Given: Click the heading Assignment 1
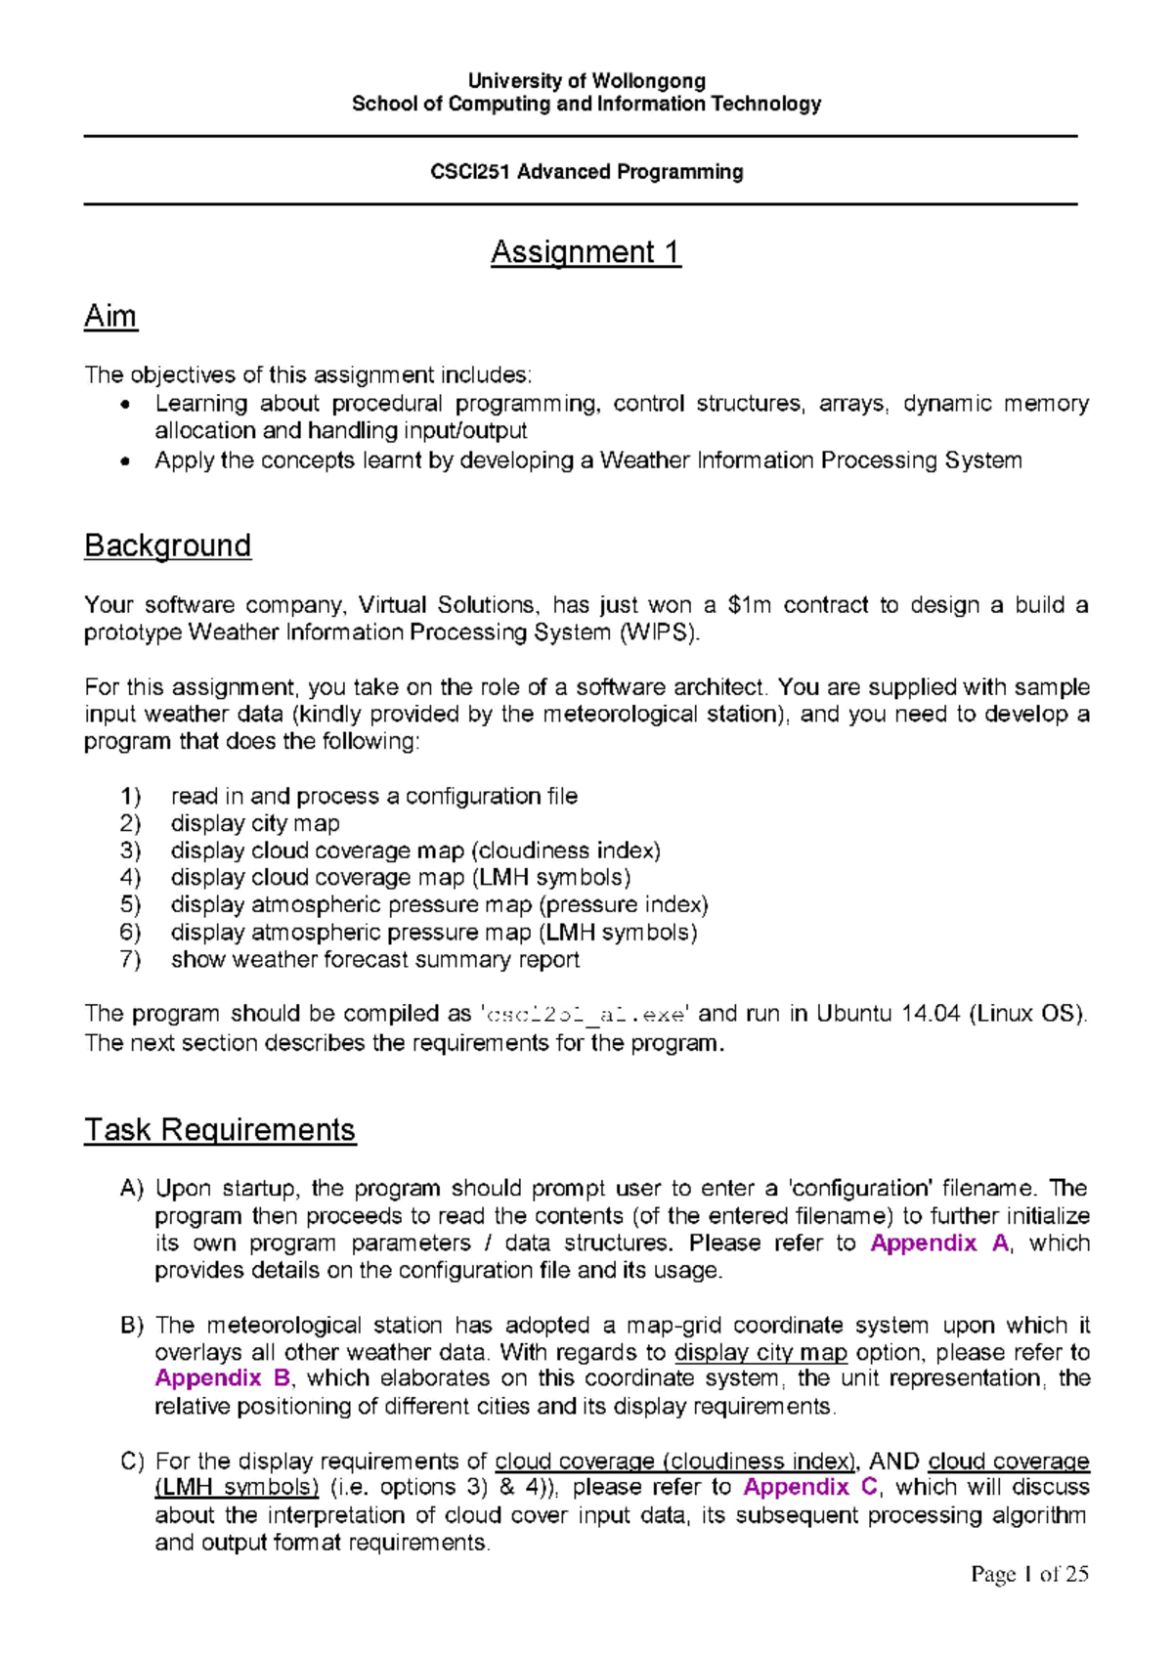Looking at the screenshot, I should tap(586, 252).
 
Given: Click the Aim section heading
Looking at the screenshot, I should tap(110, 316).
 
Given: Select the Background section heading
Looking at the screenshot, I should tap(167, 545).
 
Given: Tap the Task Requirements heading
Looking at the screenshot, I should tap(220, 1130).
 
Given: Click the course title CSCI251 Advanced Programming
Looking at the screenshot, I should tap(586, 172).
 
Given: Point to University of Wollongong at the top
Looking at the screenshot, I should tap(586, 81).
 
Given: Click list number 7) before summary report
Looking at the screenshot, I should tap(130, 960).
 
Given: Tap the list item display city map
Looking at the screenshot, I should tap(255, 824).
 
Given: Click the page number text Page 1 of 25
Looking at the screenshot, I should tap(1029, 1574).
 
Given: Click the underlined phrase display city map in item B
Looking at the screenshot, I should tap(760, 1353).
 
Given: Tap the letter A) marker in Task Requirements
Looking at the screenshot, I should tap(132, 1189).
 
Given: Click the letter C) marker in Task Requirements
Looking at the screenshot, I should tap(132, 1462).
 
